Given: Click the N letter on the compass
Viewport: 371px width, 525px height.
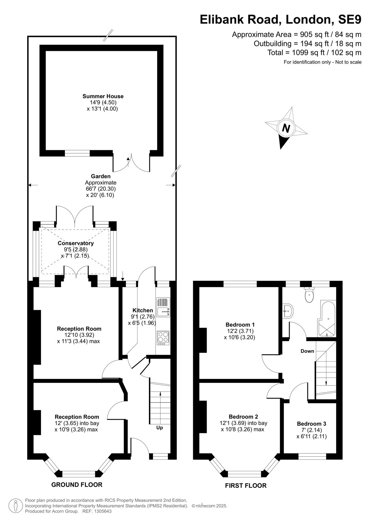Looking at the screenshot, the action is click(x=286, y=128).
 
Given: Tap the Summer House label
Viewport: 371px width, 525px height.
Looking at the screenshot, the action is click(x=103, y=96).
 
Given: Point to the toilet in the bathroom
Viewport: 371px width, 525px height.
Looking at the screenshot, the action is click(x=309, y=295).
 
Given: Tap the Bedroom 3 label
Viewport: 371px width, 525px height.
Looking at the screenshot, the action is click(x=312, y=424).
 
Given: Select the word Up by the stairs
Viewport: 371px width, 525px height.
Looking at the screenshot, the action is click(x=160, y=428).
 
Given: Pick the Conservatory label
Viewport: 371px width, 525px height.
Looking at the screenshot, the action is click(x=76, y=243).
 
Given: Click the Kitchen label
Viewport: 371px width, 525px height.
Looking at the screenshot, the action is click(x=143, y=310).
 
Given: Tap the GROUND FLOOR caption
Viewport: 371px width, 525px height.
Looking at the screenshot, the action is click(x=77, y=485).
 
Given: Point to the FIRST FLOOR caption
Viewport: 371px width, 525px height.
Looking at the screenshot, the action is click(x=246, y=486).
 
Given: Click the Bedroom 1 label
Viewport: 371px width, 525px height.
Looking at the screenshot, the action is click(x=240, y=325).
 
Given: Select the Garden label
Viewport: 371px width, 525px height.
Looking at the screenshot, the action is click(x=101, y=176).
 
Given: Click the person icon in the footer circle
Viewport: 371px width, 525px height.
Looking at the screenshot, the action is click(x=16, y=506).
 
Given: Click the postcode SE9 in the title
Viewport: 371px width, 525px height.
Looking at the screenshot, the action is click(x=349, y=19).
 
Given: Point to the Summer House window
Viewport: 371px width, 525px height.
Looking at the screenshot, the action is click(x=77, y=153).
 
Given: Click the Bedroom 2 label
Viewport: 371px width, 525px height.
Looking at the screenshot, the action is click(x=243, y=417).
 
